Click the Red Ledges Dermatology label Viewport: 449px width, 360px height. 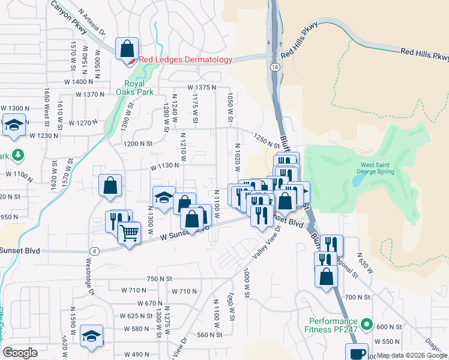tap(185, 60)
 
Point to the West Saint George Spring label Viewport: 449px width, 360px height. tap(377, 168)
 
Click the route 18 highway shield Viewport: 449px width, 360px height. tap(275, 68)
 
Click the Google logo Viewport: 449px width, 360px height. tap(20, 353)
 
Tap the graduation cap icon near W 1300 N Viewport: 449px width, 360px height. tap(13, 126)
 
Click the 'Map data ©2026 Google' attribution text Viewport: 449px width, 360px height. tap(412, 355)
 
